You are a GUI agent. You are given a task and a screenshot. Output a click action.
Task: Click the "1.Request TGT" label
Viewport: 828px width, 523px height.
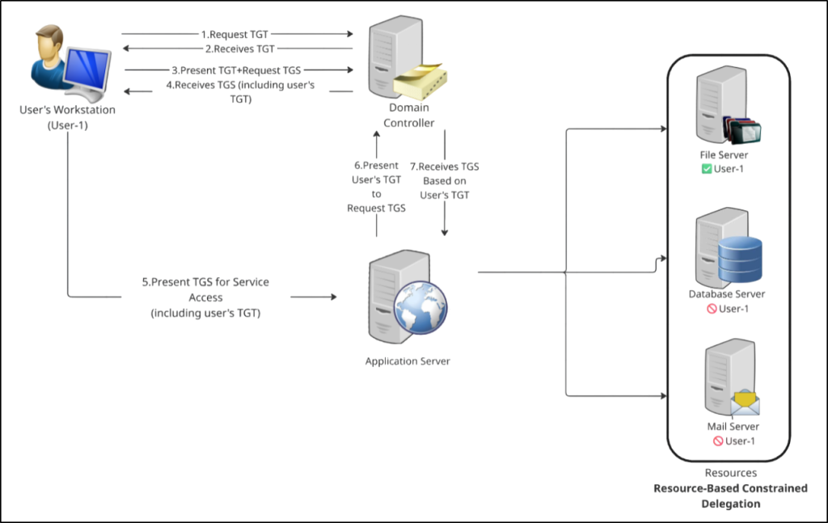238,35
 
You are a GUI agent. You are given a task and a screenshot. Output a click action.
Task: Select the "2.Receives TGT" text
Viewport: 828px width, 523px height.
238,49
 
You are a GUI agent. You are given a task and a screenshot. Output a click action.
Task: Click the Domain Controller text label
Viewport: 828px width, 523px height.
408,115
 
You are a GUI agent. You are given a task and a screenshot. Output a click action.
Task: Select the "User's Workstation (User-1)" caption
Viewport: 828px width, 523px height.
68,116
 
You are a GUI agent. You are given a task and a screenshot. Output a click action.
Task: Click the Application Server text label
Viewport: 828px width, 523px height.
408,361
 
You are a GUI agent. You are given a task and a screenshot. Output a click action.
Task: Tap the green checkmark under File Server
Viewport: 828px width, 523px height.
706,169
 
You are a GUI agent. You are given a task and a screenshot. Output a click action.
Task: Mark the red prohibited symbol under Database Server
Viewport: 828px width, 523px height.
712,309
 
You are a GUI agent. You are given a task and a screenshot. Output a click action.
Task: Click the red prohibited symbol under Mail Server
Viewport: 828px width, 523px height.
717,441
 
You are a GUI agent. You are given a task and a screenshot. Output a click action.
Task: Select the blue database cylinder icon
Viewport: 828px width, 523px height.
740,258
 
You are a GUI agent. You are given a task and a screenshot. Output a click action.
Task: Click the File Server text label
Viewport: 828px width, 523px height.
724,155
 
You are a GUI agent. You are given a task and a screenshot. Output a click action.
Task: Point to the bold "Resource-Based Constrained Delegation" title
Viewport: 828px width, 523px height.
730,496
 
